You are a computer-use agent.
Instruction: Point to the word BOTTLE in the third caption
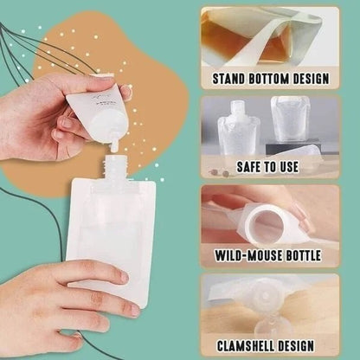[307, 257]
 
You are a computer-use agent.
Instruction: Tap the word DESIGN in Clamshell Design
[306, 344]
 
